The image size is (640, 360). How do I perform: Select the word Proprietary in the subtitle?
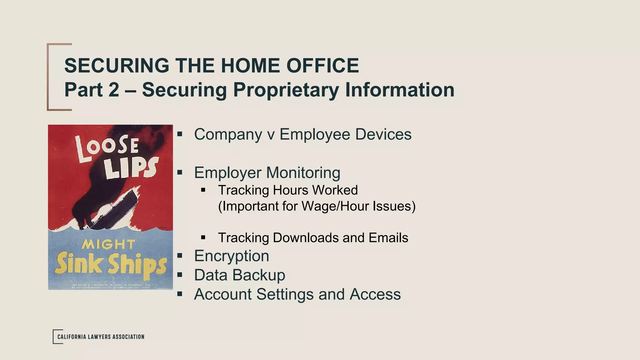[x=286, y=90]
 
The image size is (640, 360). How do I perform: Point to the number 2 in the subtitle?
[x=114, y=90]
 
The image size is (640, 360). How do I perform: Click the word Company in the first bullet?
[x=228, y=134]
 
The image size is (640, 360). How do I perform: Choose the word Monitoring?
[x=303, y=172]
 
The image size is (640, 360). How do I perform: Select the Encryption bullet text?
[x=232, y=256]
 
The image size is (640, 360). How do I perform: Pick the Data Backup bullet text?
[x=239, y=275]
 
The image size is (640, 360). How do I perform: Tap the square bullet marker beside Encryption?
[x=179, y=256]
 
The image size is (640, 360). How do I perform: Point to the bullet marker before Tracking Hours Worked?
[x=203, y=190]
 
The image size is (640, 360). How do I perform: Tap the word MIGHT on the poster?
[x=108, y=244]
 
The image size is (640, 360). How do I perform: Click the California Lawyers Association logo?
[x=99, y=337]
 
